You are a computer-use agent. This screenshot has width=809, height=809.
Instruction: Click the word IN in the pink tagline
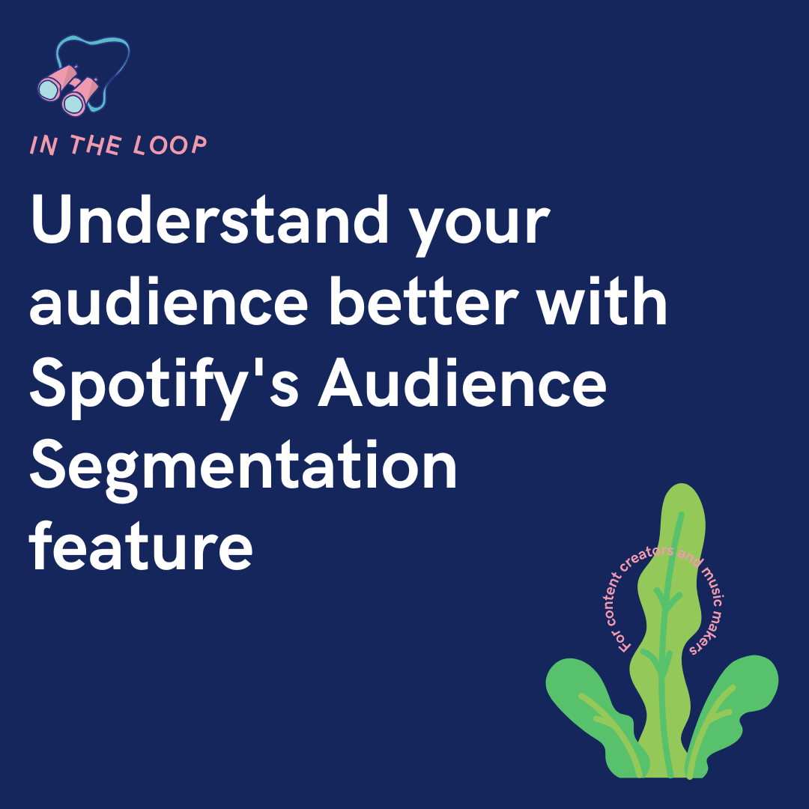43,146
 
